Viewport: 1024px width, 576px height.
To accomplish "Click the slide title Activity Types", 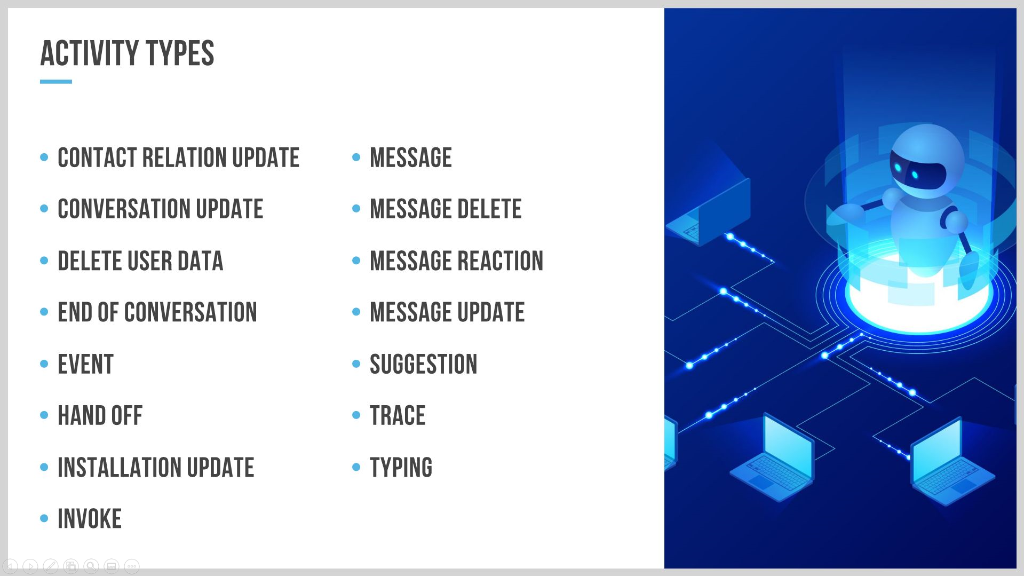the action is (x=127, y=53).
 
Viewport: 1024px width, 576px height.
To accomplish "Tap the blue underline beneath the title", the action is (x=56, y=82).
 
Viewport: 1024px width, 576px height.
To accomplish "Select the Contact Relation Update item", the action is (x=178, y=157).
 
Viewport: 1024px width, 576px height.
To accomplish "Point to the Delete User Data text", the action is (x=140, y=261).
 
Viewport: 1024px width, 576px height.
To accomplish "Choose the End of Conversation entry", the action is (x=157, y=312).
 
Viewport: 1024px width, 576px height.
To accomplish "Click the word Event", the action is (x=85, y=364).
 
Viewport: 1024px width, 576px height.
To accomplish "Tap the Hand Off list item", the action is (x=100, y=415).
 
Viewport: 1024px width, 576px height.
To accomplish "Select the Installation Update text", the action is (x=156, y=467).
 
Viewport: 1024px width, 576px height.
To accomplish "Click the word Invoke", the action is (x=90, y=518).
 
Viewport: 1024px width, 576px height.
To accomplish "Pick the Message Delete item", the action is (x=446, y=209).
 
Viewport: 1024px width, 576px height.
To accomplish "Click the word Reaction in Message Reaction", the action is (x=501, y=261).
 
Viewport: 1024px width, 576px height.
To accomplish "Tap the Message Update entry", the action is (x=447, y=312).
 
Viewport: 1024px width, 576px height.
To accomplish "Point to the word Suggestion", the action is (x=423, y=364).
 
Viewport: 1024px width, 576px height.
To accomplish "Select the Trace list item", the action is (x=398, y=415).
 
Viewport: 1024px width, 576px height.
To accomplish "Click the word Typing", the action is (x=401, y=467).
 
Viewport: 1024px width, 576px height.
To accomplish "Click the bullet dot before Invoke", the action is (x=44, y=518).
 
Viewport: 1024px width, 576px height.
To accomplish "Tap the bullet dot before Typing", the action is (x=356, y=467).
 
